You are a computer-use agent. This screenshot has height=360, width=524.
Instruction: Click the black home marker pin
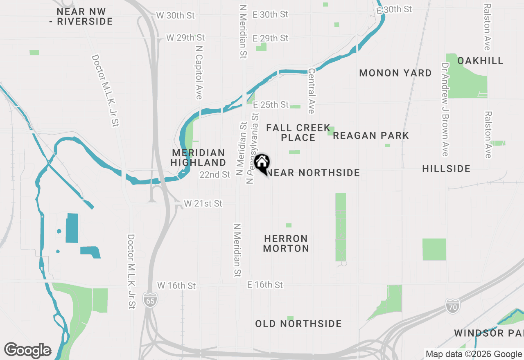pos(262,163)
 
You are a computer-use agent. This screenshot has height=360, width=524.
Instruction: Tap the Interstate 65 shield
pos(150,300)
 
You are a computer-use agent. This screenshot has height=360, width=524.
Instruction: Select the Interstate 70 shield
pos(453,306)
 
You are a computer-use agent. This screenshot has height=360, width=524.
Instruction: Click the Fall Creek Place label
pos(298,133)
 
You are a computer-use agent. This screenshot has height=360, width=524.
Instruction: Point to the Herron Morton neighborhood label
pos(286,243)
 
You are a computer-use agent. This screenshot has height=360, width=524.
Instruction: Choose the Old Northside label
pos(298,324)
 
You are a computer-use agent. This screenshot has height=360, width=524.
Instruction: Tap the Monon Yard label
pos(395,73)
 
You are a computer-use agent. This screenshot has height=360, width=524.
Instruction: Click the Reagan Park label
pos(371,135)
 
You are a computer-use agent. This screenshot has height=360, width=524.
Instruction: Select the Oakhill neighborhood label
pos(480,61)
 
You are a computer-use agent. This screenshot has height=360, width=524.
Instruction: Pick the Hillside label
pos(446,169)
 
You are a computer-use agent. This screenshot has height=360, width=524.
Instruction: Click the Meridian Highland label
pos(198,157)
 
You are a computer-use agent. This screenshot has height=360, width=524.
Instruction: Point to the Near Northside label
pos(314,173)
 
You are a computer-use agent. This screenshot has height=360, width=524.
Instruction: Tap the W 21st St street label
pos(203,203)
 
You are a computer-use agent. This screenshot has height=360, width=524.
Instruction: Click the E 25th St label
pos(271,105)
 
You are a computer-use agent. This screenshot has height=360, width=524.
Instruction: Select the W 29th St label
pos(185,38)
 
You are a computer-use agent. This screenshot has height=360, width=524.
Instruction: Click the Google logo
pos(27,350)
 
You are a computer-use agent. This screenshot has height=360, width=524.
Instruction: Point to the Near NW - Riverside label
pos(81,17)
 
